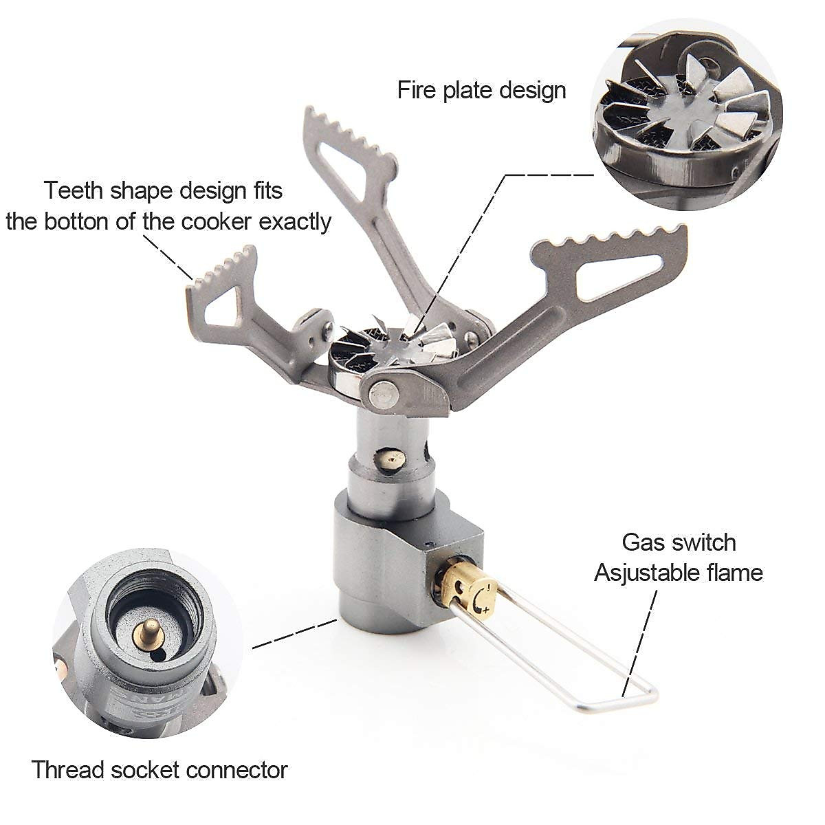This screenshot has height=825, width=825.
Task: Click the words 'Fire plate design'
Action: click(481, 90)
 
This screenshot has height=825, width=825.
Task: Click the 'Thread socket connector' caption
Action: click(159, 769)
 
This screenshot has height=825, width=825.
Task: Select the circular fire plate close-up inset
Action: click(687, 113)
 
